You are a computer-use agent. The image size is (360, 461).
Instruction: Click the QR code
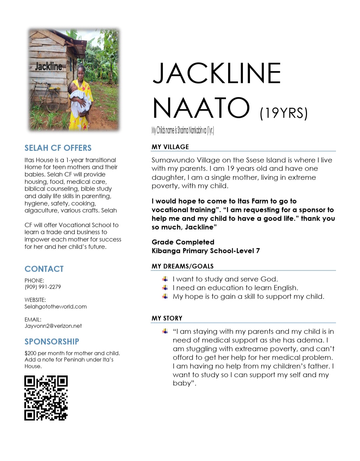[x=46, y=398]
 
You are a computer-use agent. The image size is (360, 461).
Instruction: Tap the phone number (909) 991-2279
[x=43, y=287]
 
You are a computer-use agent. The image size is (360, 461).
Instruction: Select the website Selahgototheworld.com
[x=55, y=306]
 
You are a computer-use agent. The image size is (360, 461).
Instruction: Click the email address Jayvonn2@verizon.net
[x=53, y=326]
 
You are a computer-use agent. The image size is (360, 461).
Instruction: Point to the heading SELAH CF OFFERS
[x=58, y=148]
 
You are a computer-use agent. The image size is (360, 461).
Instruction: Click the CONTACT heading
[x=44, y=269]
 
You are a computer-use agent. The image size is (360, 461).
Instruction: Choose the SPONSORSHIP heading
[x=52, y=341]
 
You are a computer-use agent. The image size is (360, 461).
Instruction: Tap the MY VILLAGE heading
[x=170, y=147]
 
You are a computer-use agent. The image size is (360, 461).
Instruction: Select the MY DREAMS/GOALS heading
[x=182, y=266]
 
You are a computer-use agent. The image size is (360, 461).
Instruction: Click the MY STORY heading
[x=167, y=318]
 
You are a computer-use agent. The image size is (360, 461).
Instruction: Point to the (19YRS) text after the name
[x=283, y=113]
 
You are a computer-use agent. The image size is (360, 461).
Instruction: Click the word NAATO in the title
[x=201, y=108]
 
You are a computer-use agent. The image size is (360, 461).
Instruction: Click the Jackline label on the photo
[x=49, y=66]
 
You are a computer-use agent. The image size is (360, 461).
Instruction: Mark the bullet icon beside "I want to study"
[x=165, y=279]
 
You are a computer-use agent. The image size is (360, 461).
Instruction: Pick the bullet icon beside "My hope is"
[x=165, y=296]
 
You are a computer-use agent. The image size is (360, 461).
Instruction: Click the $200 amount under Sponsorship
[x=30, y=353]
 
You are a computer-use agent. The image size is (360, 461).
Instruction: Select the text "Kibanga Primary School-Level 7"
[x=205, y=251]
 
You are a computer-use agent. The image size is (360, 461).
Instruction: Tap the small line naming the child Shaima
[x=182, y=130]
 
